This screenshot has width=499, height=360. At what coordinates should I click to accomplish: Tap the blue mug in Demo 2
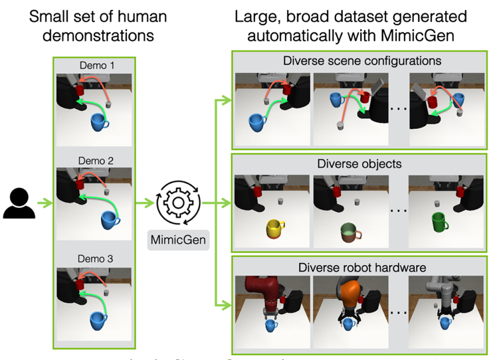110,219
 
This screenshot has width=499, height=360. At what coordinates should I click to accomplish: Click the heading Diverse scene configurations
361,61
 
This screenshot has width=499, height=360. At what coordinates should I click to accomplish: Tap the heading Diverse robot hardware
361,267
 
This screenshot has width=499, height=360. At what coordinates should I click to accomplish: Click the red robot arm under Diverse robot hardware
265,295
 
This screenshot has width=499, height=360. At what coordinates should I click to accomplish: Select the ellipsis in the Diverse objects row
397,211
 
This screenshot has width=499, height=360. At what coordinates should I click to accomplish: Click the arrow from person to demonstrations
44,203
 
